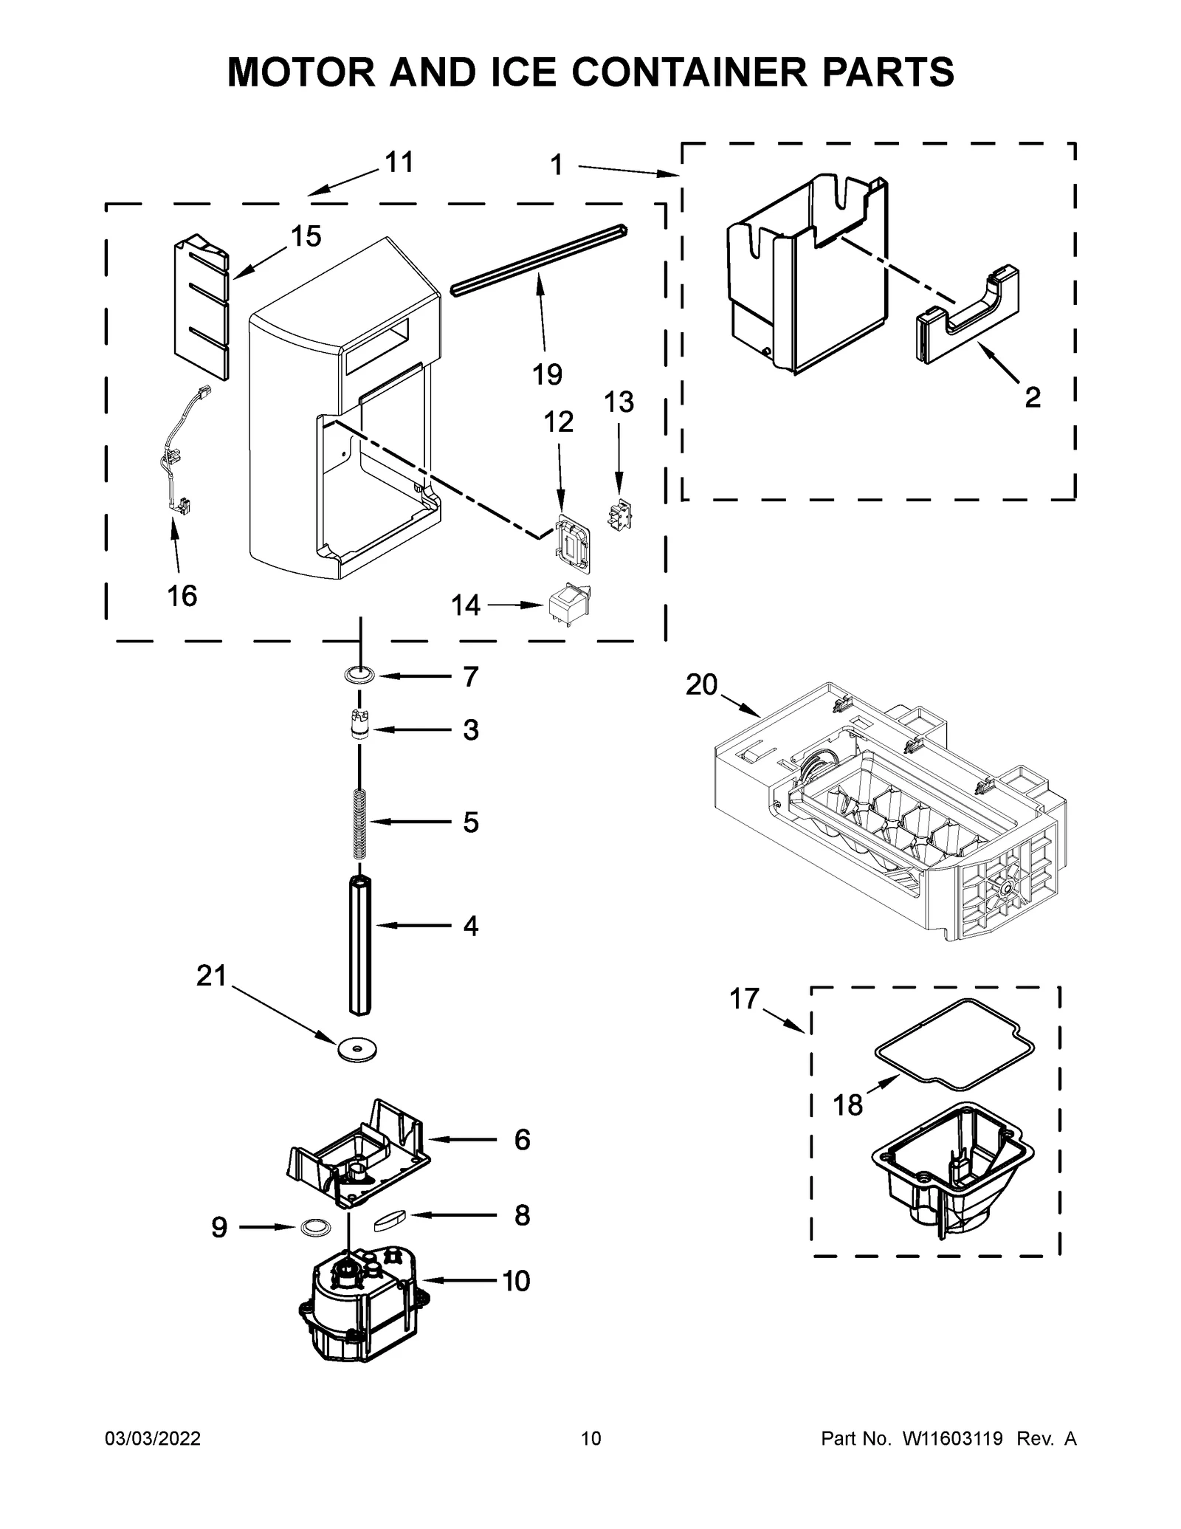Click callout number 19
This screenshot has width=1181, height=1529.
pyautogui.click(x=547, y=374)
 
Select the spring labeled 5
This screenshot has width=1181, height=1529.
pyautogui.click(x=360, y=824)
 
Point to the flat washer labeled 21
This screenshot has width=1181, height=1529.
pyautogui.click(x=357, y=1049)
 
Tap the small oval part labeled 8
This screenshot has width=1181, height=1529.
pyautogui.click(x=390, y=1222)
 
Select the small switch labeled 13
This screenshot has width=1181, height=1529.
pyautogui.click(x=619, y=514)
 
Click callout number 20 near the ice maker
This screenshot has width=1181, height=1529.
pyautogui.click(x=701, y=685)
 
